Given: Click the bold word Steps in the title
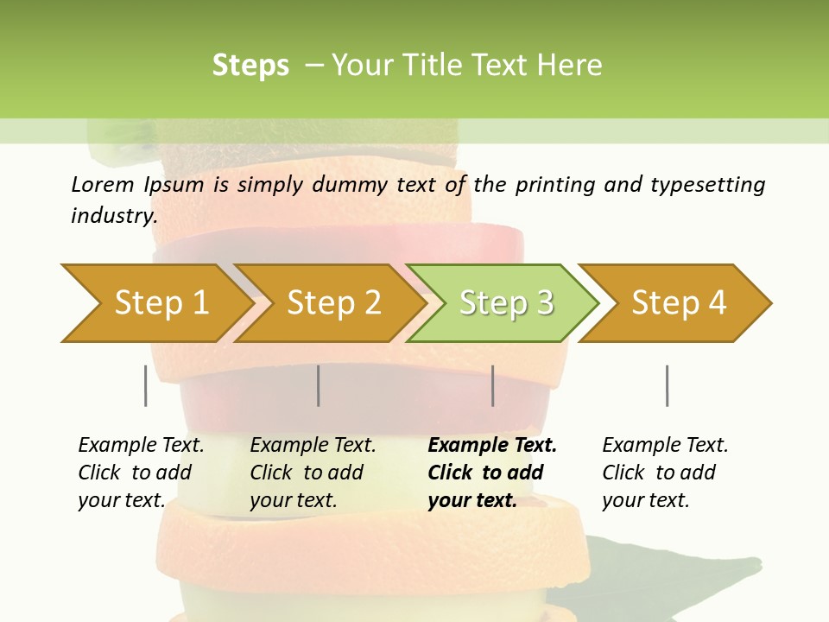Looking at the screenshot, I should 250,66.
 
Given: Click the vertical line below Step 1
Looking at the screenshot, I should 146,385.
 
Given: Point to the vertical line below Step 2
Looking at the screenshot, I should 319,385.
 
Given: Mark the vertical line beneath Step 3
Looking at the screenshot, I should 493,385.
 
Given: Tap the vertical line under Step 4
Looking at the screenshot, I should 668,385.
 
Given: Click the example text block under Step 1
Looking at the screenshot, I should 140,473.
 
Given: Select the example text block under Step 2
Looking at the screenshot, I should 312,473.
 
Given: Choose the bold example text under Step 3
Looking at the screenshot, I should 491,473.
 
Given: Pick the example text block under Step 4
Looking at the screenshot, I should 664,473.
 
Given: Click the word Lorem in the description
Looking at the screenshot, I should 103,185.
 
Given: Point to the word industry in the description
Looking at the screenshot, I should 114,216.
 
